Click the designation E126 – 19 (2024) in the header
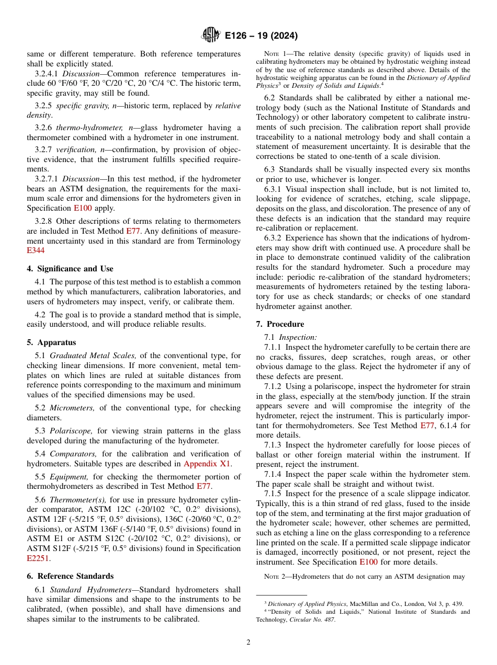tap(261, 36)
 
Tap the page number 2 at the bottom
tap(249, 643)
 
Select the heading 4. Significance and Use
tap(70, 269)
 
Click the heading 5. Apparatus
tap(51, 342)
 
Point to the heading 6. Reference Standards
tap(70, 576)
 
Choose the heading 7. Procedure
tap(280, 324)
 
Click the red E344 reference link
tap(36, 250)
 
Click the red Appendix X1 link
tap(207, 463)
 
